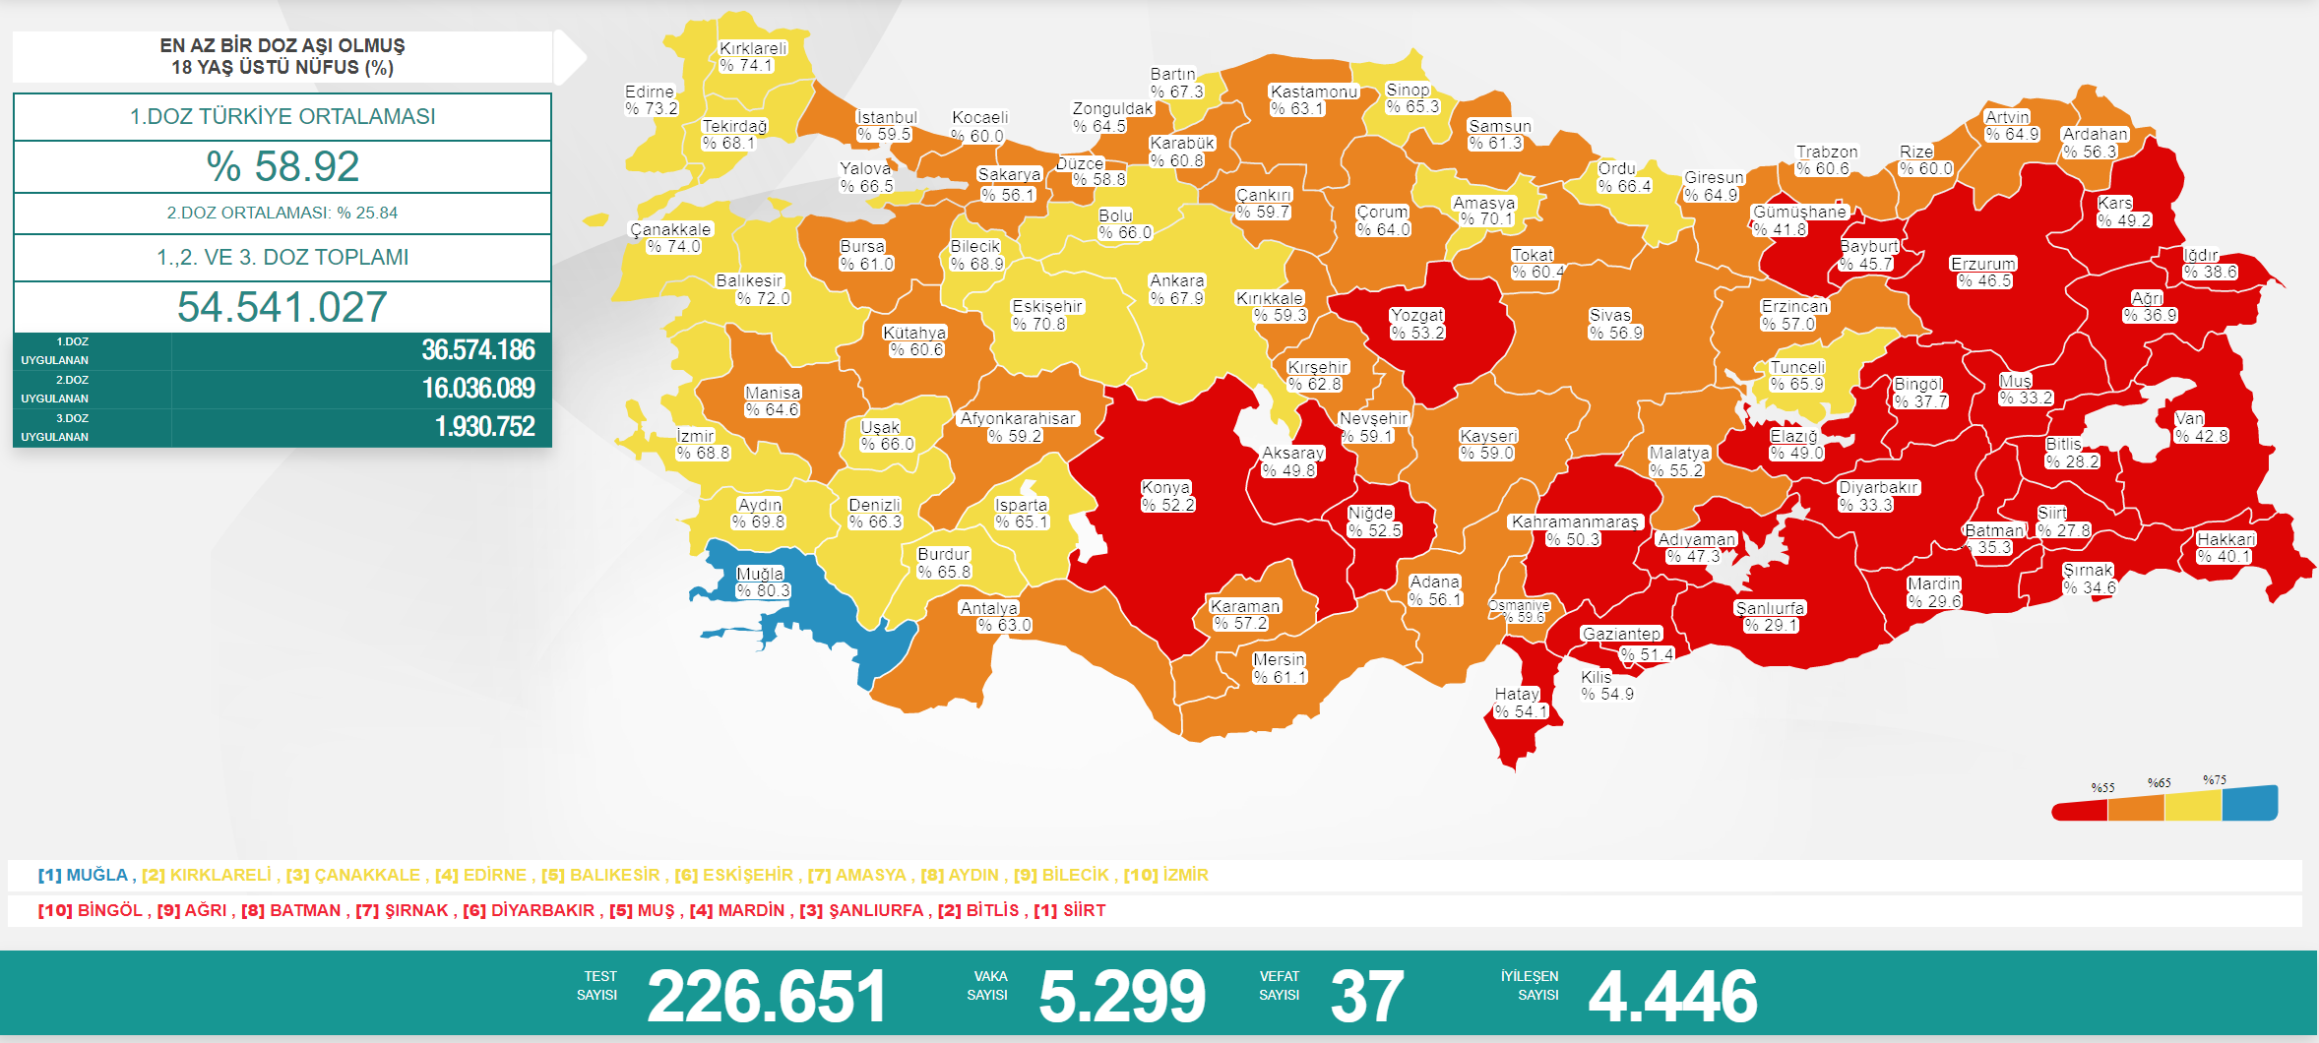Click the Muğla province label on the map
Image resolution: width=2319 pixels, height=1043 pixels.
point(760,574)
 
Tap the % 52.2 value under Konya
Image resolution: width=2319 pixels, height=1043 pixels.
point(1167,505)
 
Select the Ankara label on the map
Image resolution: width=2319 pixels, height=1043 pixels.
point(1176,280)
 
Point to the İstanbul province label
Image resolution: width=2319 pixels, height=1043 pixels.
point(886,117)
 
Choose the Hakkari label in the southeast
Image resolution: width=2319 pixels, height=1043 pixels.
point(2225,539)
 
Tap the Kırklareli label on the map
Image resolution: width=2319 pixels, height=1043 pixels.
point(753,48)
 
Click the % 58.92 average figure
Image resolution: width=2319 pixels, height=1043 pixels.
point(282,166)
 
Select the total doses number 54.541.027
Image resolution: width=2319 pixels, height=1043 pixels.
point(282,307)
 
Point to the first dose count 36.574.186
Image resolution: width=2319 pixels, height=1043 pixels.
point(477,350)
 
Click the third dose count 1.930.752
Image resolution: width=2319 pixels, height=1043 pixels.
point(484,427)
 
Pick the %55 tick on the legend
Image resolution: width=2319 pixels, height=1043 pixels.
point(2102,787)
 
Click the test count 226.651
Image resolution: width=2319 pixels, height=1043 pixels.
point(767,996)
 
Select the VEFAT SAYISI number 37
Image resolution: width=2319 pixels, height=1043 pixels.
point(1366,996)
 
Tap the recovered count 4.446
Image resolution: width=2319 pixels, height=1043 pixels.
point(1672,996)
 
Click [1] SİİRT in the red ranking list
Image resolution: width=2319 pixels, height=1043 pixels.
point(1069,910)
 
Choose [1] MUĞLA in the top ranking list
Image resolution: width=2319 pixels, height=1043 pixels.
point(84,875)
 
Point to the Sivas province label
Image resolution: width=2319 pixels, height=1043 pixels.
point(1609,315)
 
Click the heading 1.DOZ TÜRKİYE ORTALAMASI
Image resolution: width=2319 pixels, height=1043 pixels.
point(282,116)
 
